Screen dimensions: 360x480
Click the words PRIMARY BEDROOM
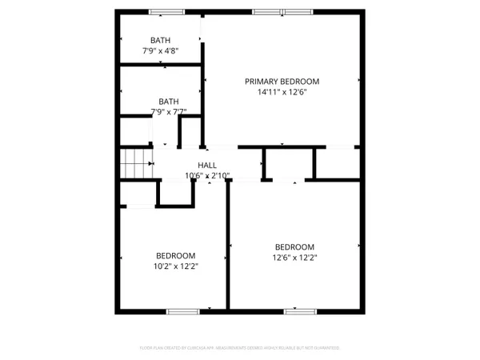click(282, 81)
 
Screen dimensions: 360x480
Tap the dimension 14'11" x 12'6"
click(282, 92)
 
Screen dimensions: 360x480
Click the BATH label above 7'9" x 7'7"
click(168, 101)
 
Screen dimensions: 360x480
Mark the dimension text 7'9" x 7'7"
click(168, 112)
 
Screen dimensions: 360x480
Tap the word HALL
click(207, 165)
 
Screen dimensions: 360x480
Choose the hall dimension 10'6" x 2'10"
click(207, 175)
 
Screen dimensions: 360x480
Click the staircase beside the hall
click(136, 164)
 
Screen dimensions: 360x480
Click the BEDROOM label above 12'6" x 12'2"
click(294, 246)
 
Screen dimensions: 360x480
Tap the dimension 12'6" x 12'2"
click(294, 258)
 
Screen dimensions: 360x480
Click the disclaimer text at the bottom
click(239, 348)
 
